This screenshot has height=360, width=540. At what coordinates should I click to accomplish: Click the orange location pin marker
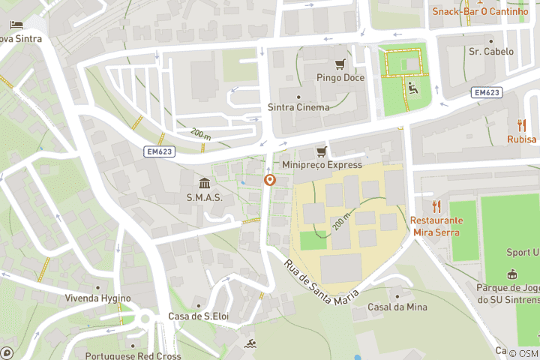pyautogui.click(x=270, y=181)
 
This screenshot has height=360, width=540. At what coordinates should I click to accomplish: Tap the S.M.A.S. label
pyautogui.click(x=204, y=197)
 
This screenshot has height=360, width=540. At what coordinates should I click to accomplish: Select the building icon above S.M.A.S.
pyautogui.click(x=204, y=183)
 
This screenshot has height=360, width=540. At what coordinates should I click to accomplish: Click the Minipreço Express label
pyautogui.click(x=322, y=164)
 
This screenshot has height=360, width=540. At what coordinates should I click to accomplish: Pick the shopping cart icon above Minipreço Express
pyautogui.click(x=322, y=151)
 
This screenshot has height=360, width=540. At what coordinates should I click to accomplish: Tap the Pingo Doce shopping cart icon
pyautogui.click(x=340, y=64)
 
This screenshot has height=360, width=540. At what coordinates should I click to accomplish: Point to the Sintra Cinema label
pyautogui.click(x=298, y=107)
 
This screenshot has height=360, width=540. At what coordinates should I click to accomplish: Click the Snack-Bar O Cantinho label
pyautogui.click(x=480, y=11)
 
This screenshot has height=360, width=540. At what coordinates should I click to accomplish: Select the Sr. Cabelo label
pyautogui.click(x=491, y=52)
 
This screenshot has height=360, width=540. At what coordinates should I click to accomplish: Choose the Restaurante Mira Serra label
pyautogui.click(x=436, y=226)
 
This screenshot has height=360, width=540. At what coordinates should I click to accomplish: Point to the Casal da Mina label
pyautogui.click(x=397, y=307)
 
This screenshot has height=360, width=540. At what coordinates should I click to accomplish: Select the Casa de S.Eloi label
pyautogui.click(x=198, y=316)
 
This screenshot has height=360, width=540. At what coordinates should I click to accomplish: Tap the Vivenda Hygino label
pyautogui.click(x=97, y=298)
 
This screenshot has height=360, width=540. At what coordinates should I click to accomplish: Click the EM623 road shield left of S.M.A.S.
pyautogui.click(x=159, y=151)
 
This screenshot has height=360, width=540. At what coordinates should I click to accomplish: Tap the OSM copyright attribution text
pyautogui.click(x=523, y=354)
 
